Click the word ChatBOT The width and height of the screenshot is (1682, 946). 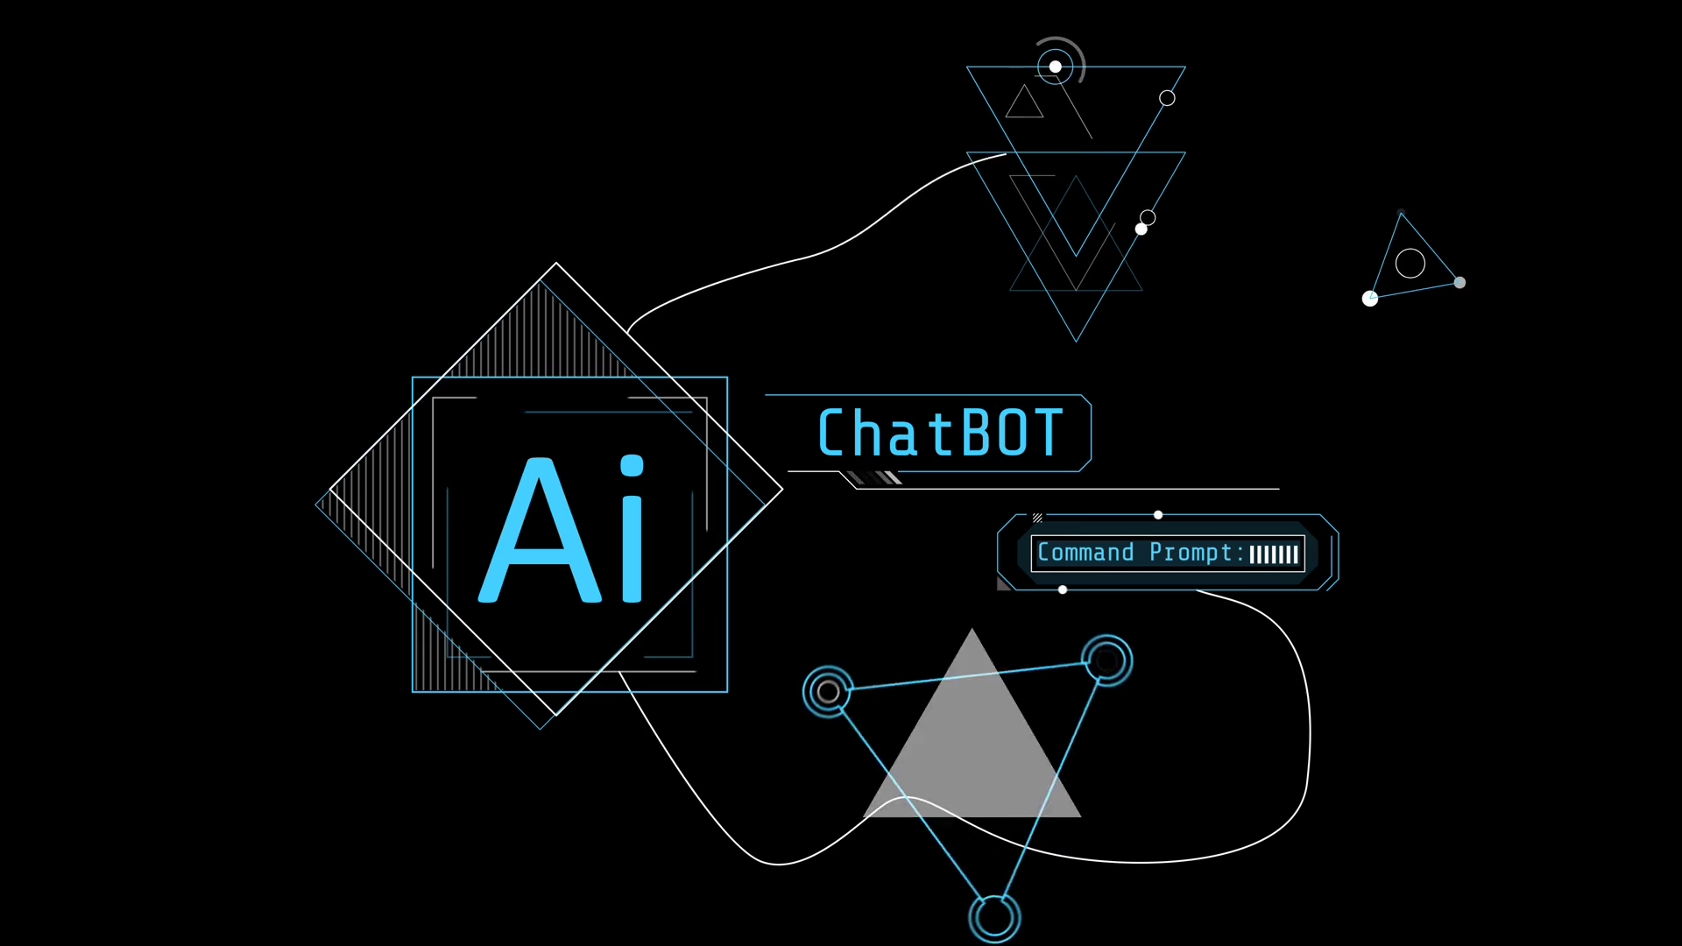click(940, 434)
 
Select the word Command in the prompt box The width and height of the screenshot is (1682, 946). click(1085, 553)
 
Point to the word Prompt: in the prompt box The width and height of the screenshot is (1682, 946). click(1197, 553)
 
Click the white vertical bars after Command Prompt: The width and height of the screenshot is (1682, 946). click(1274, 554)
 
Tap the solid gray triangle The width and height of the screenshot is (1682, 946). click(972, 745)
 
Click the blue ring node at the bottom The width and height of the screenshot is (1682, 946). click(994, 917)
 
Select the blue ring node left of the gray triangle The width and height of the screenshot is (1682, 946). click(828, 692)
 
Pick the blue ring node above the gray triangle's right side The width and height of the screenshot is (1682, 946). click(1106, 660)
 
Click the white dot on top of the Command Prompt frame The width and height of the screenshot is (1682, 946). click(1158, 515)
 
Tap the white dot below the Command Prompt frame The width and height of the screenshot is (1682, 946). click(1063, 590)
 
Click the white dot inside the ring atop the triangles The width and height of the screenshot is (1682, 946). click(1056, 67)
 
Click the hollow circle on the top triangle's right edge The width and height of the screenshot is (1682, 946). click(1167, 98)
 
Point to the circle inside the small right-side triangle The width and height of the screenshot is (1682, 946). click(1410, 263)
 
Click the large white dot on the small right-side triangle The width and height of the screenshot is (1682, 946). click(1370, 299)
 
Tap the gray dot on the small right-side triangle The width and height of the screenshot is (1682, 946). click(1459, 282)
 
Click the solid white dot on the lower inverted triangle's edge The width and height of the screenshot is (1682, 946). click(1141, 229)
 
